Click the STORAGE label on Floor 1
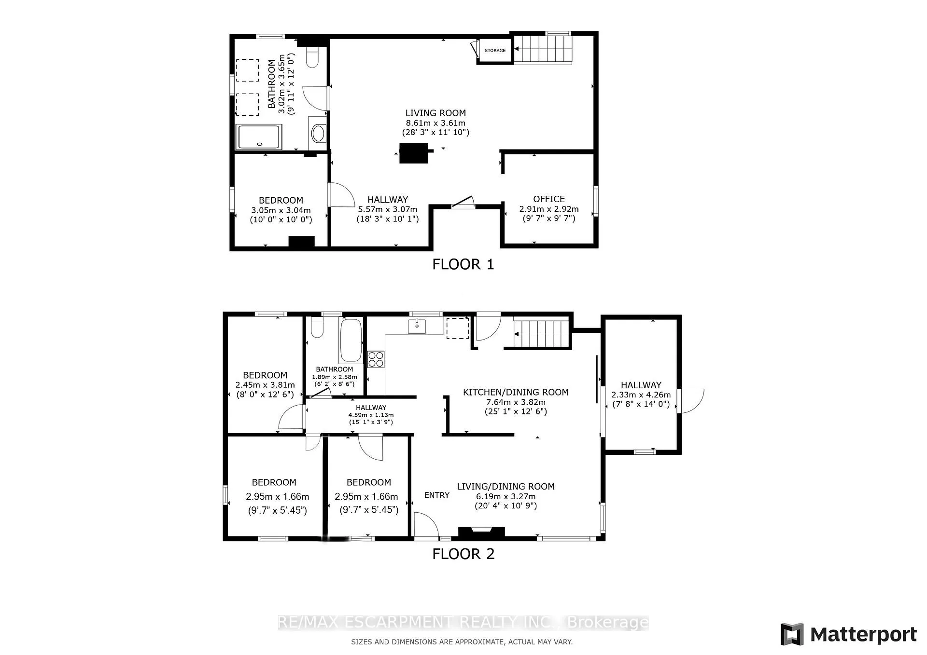click(x=495, y=50)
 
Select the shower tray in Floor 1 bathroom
click(x=259, y=137)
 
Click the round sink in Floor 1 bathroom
click(x=318, y=133)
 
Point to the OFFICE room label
click(x=549, y=199)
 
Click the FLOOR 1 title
click(x=463, y=264)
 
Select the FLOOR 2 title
click(x=463, y=554)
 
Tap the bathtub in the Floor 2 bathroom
click(x=351, y=341)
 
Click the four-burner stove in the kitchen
click(x=376, y=359)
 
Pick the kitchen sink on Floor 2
click(x=417, y=327)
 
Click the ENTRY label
click(x=437, y=495)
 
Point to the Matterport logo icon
click(x=792, y=634)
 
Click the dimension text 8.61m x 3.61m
click(x=435, y=123)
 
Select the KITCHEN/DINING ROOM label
click(x=516, y=392)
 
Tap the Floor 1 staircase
click(x=543, y=49)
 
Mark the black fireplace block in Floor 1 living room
click(x=414, y=153)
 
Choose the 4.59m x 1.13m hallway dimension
click(x=371, y=415)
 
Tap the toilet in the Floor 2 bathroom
click(x=317, y=327)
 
